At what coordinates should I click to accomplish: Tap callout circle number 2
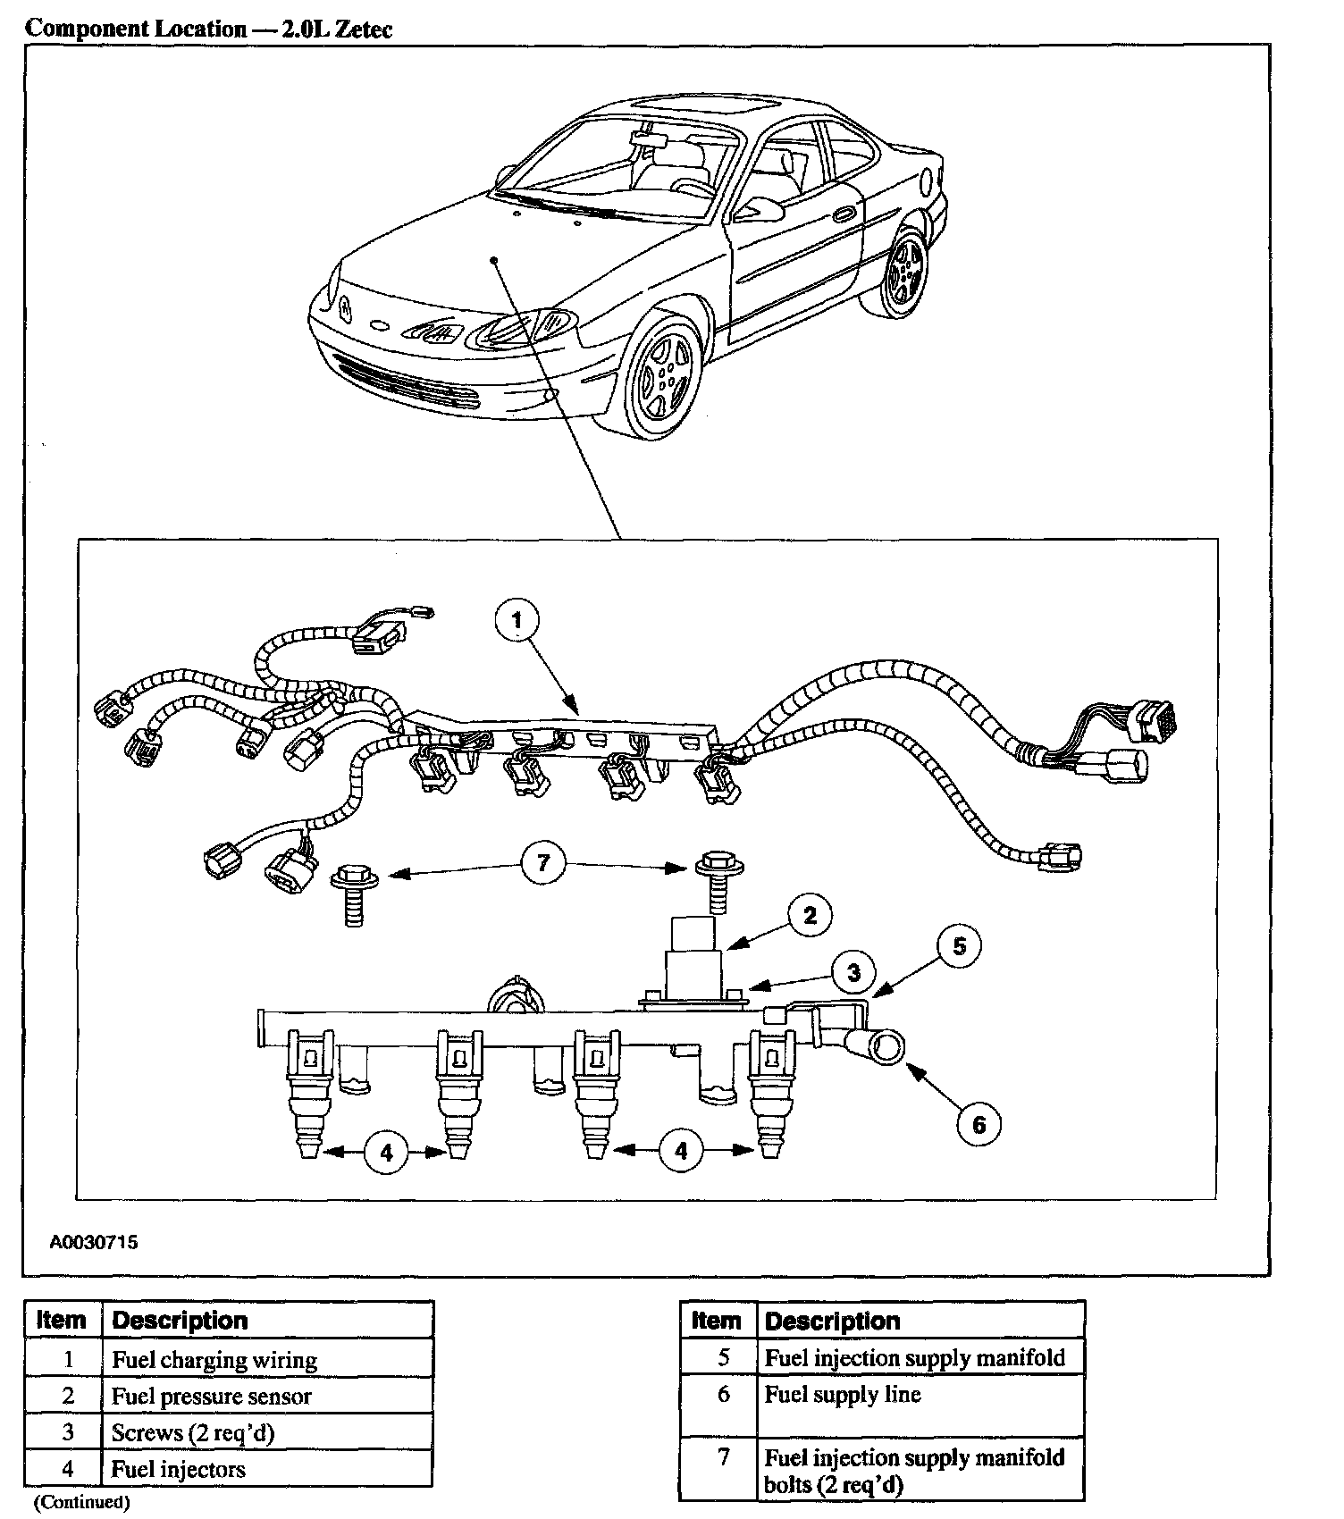click(810, 915)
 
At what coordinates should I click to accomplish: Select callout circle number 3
click(853, 972)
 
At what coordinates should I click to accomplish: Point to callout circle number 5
click(959, 946)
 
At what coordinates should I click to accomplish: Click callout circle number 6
click(979, 1123)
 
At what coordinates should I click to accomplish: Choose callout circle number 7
click(543, 862)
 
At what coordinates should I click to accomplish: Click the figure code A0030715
click(93, 1242)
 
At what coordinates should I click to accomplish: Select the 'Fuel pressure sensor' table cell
click(211, 1396)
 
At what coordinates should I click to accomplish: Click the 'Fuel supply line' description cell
click(843, 1395)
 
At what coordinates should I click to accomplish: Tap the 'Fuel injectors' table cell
click(178, 1469)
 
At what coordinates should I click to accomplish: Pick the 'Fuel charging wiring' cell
click(214, 1360)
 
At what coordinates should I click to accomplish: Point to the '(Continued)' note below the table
click(81, 1502)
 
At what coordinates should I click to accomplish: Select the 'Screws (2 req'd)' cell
click(192, 1432)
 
